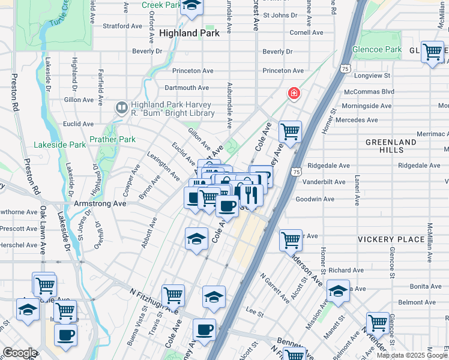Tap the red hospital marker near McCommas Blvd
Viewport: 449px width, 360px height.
tap(294, 92)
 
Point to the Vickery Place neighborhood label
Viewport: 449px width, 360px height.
tap(391, 239)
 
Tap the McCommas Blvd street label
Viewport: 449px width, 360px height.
tap(369, 92)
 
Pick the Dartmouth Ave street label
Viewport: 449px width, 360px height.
tap(187, 88)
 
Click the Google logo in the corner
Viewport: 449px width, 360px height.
tap(19, 352)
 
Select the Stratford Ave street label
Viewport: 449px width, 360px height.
tap(122, 26)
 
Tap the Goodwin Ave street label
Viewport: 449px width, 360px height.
tap(315, 199)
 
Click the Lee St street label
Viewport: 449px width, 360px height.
tap(255, 312)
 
